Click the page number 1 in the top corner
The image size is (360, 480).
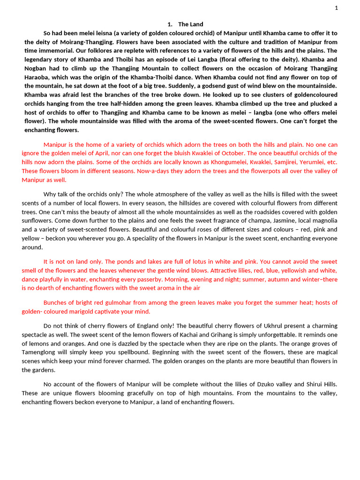(x=336, y=7)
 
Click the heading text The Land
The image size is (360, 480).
(x=191, y=24)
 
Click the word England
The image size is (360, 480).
(x=150, y=326)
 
